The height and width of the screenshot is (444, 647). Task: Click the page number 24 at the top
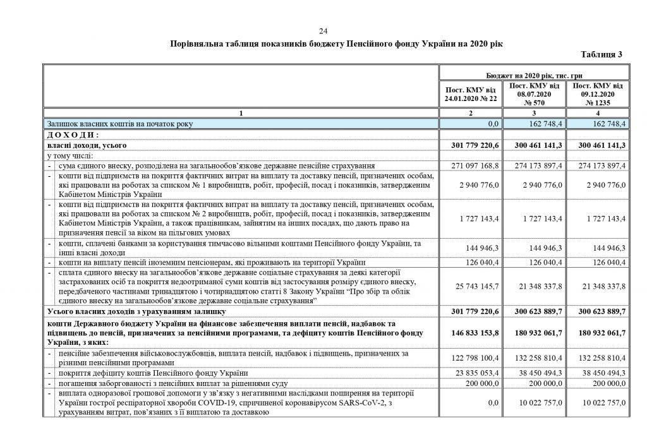click(323, 32)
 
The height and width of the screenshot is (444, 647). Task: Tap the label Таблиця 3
click(602, 54)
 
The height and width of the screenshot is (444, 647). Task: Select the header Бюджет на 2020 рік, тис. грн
click(534, 74)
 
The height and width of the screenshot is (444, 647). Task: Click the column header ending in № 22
click(471, 94)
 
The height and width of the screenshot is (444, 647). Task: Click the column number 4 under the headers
click(596, 112)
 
